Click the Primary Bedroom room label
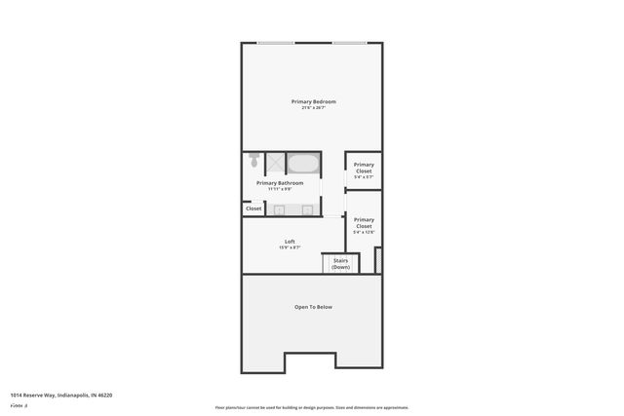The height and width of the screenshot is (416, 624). pyautogui.click(x=313, y=101)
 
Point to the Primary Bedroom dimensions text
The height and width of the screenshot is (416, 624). pyautogui.click(x=313, y=108)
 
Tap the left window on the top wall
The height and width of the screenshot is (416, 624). pyautogui.click(x=276, y=43)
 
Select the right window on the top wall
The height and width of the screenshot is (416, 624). pyautogui.click(x=348, y=43)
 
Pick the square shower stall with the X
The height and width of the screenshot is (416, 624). pyautogui.click(x=275, y=163)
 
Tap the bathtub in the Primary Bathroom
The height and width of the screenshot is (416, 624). pyautogui.click(x=303, y=163)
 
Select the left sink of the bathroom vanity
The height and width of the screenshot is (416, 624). pyautogui.click(x=279, y=209)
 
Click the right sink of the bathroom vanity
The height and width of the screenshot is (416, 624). pyautogui.click(x=306, y=209)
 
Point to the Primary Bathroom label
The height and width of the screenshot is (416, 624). pyautogui.click(x=280, y=183)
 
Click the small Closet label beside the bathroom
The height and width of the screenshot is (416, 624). pyautogui.click(x=253, y=208)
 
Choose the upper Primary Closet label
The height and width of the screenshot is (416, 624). pyautogui.click(x=364, y=168)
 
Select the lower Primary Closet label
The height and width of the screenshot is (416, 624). pyautogui.click(x=364, y=222)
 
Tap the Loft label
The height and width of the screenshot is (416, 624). pyautogui.click(x=290, y=242)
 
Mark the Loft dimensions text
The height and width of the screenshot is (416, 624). pyautogui.click(x=290, y=248)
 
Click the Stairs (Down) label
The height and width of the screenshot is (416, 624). pyautogui.click(x=340, y=263)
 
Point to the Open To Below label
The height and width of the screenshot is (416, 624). pyautogui.click(x=313, y=307)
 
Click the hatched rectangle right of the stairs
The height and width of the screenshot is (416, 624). pyautogui.click(x=378, y=260)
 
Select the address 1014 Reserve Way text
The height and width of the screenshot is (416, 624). pyautogui.click(x=60, y=396)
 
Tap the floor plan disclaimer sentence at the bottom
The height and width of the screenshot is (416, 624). pyautogui.click(x=312, y=407)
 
